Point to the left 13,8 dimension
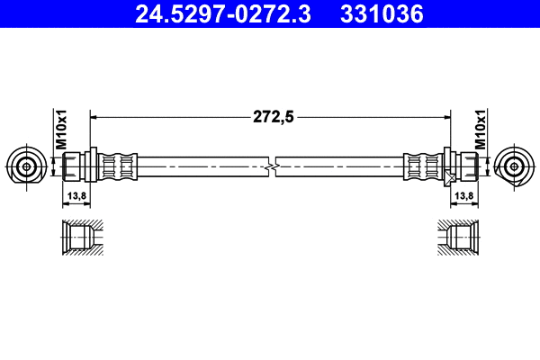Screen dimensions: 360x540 77,194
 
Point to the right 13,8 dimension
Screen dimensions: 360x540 464,194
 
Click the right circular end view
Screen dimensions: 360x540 515,166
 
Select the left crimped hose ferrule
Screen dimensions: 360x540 118,166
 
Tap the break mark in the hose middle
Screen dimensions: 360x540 271,166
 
